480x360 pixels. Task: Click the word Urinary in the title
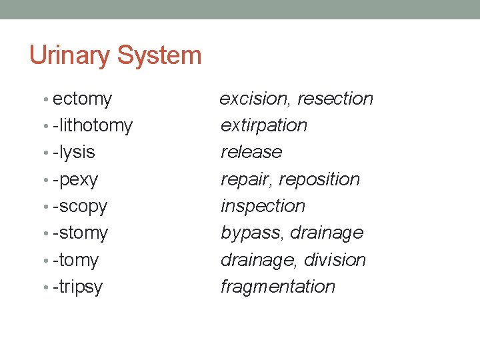[x=71, y=55]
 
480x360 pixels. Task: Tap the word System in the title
[x=159, y=55]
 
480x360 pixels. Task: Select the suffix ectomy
[x=82, y=99]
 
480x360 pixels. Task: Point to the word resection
[x=335, y=99]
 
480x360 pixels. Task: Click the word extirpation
[x=264, y=125]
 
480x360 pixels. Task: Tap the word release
[x=251, y=152]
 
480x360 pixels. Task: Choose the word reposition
[x=319, y=179]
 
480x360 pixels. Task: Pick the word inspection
[x=263, y=206]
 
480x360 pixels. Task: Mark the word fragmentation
[x=278, y=287]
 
